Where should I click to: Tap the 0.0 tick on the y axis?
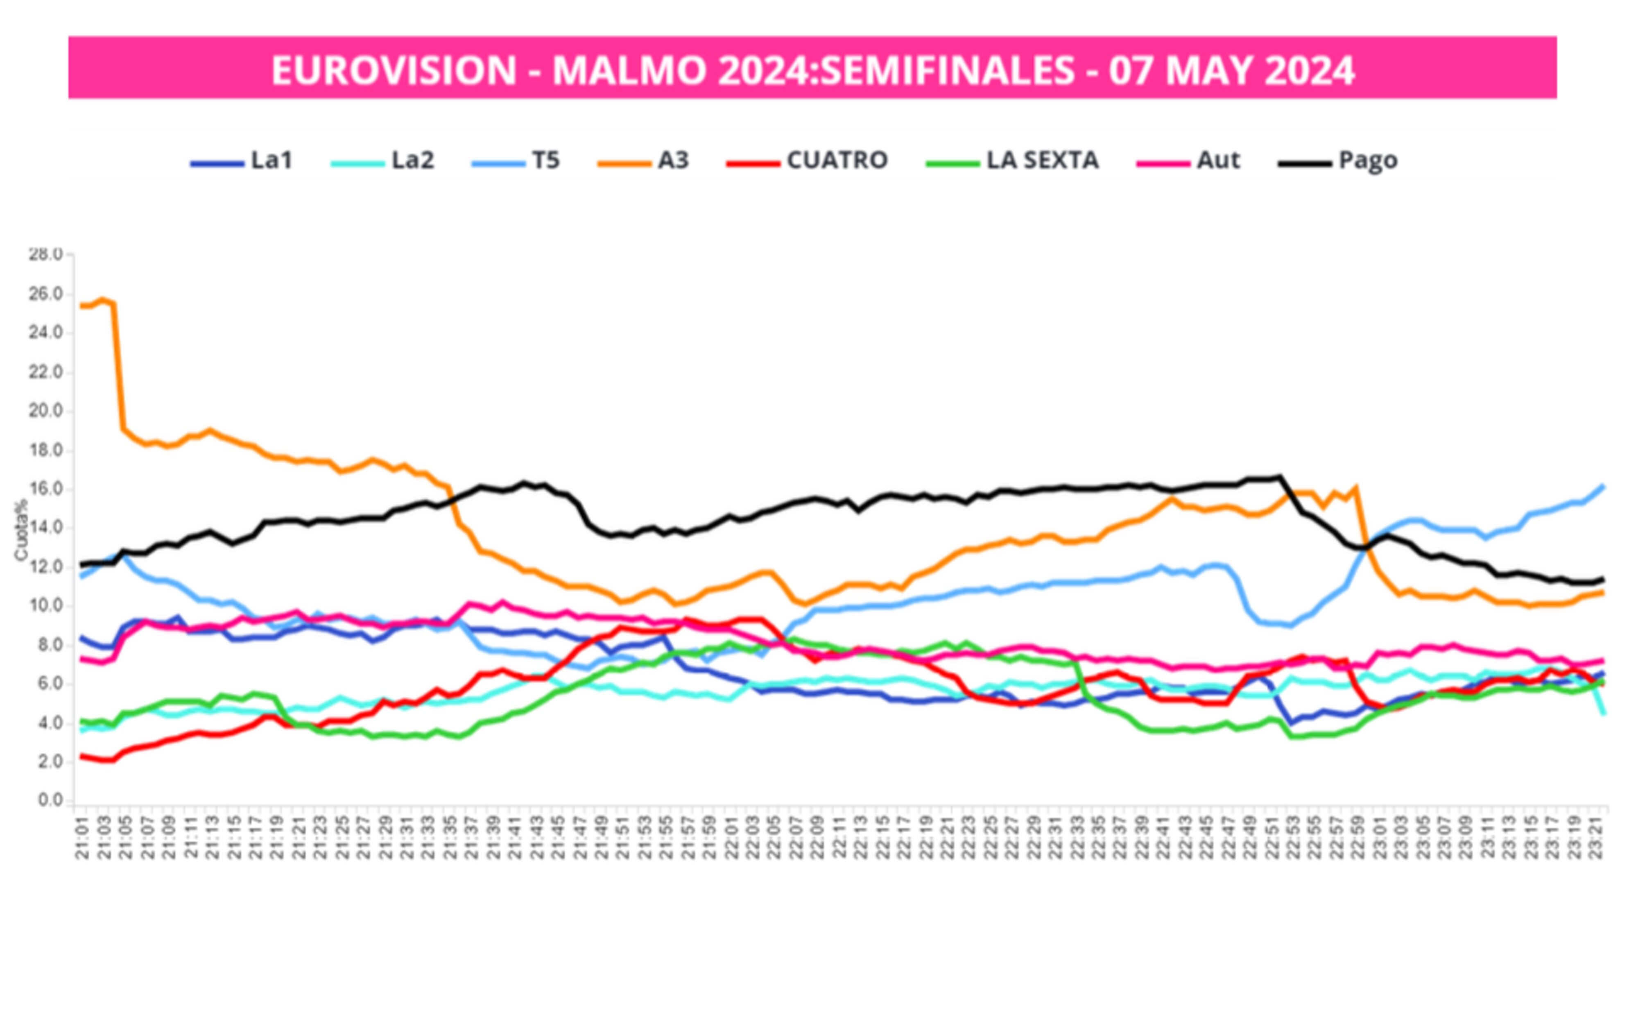pos(49,800)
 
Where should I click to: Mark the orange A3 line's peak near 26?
pos(103,299)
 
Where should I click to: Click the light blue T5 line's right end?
pos(1603,486)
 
